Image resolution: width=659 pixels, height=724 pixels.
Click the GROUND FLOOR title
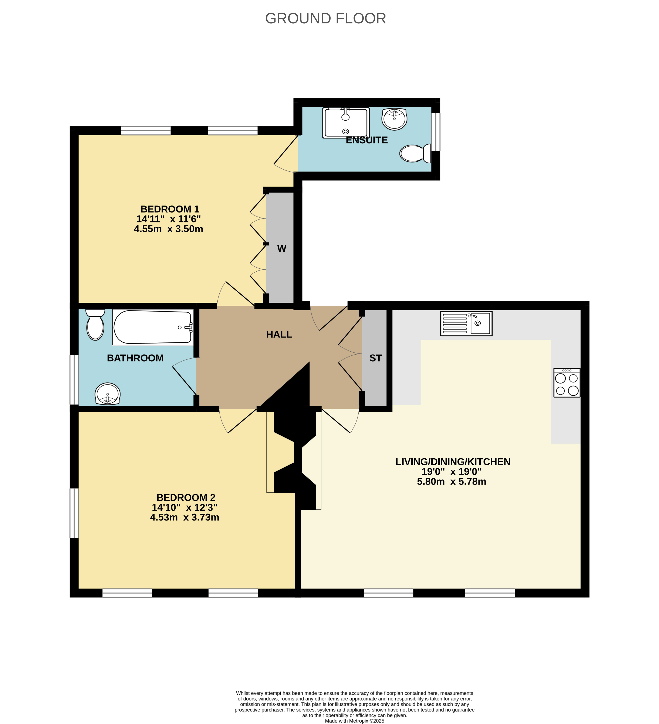click(325, 18)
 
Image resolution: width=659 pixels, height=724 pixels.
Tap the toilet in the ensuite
click(415, 153)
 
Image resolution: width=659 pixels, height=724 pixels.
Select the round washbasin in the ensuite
click(394, 119)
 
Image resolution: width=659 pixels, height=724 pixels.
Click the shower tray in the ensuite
click(346, 123)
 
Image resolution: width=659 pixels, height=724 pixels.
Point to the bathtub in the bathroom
click(153, 327)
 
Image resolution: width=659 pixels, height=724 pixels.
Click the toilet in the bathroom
click(95, 324)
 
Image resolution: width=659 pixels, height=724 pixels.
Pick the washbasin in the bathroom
click(107, 394)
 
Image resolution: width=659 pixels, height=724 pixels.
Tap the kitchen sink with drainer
click(466, 324)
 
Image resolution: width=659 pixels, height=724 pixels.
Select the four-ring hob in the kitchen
click(567, 382)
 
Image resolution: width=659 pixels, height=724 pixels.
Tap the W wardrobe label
click(282, 248)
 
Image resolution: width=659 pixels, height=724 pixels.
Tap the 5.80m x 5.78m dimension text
click(452, 482)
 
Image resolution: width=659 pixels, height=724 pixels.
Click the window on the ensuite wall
click(436, 132)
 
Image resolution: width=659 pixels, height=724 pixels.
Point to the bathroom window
click(74, 380)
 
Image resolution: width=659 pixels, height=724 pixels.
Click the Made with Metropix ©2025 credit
click(354, 721)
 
